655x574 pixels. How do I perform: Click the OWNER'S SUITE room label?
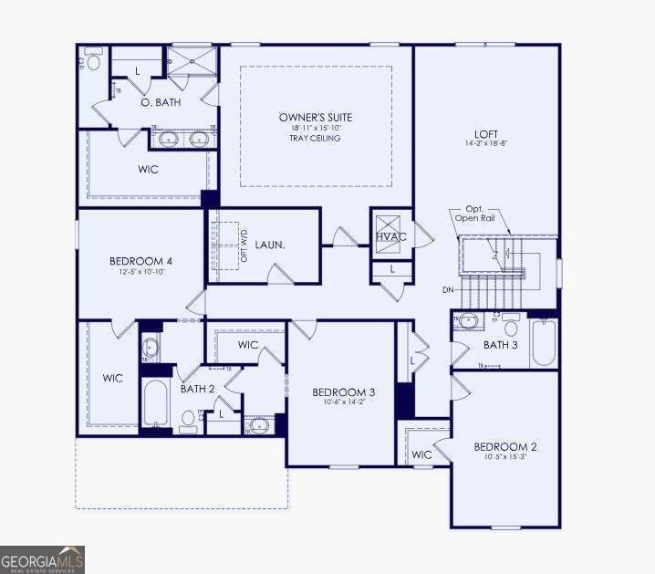pos(315,117)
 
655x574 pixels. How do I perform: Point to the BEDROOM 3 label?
pos(344,392)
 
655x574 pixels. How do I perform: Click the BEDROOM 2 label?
pos(504,446)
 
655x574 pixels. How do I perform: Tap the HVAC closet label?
pos(390,237)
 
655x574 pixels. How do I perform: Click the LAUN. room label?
pos(269,245)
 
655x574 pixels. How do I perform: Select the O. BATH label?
pos(160,103)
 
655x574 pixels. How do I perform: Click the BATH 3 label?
pos(501,345)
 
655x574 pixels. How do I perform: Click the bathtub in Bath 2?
pos(156,402)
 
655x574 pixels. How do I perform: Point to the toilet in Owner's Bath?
pos(93,62)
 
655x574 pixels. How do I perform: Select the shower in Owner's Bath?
pos(192,61)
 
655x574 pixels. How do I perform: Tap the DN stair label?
pos(448,290)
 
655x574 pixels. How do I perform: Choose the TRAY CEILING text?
pos(316,139)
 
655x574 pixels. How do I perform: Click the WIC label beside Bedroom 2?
pos(421,454)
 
